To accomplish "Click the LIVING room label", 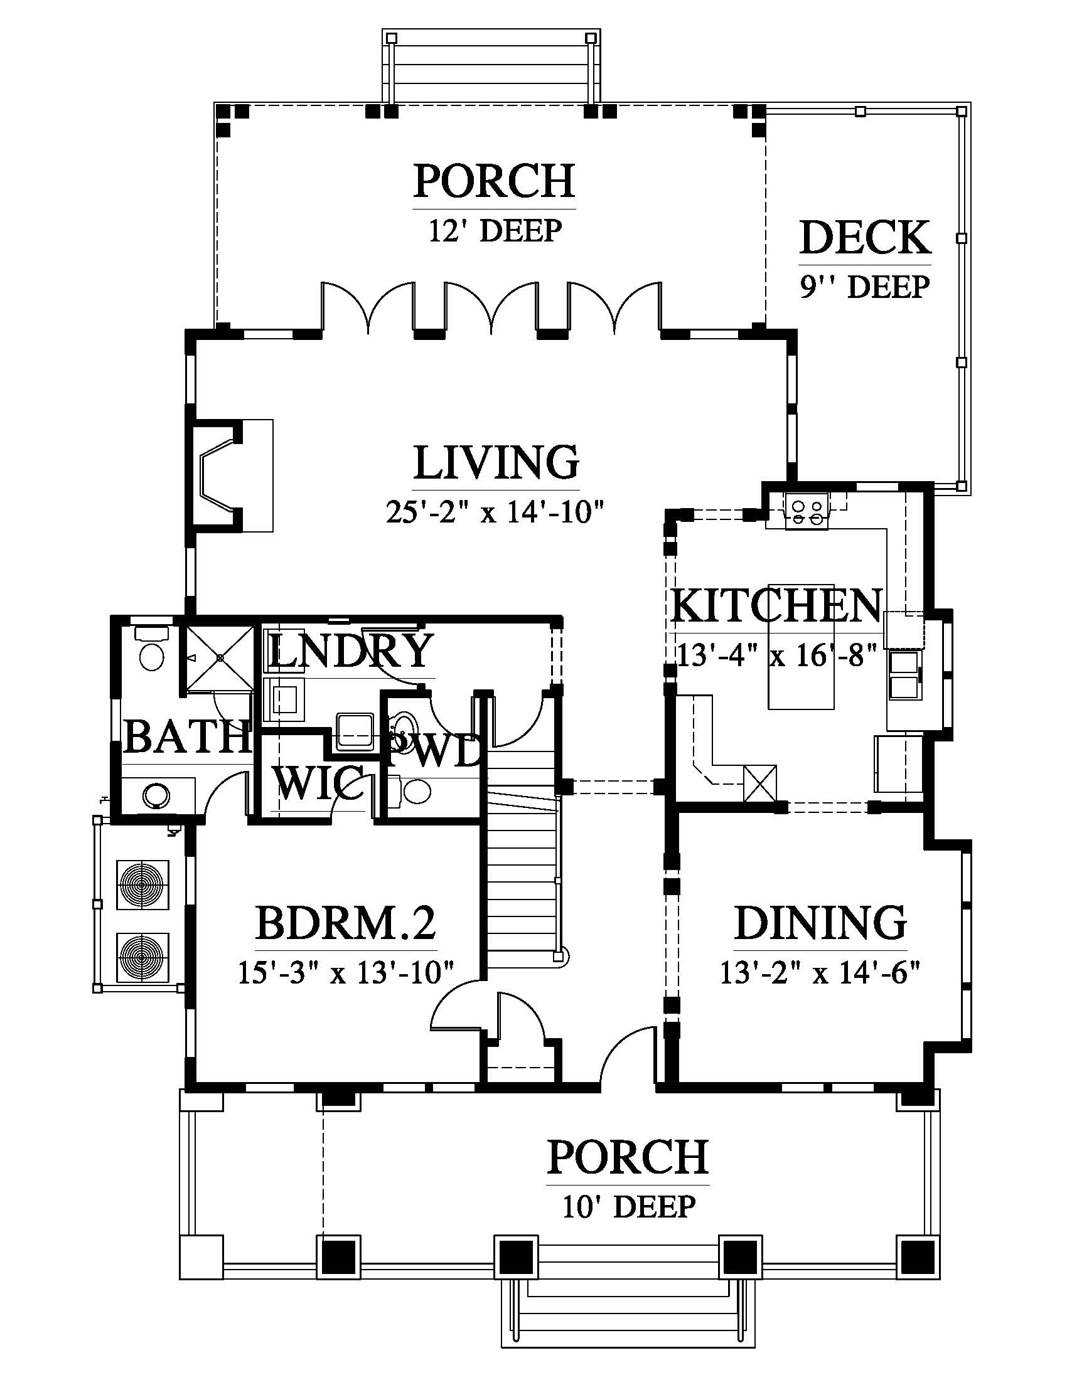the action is [496, 462].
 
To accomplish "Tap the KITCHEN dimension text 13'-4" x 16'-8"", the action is [777, 655].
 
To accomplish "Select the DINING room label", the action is [820, 923].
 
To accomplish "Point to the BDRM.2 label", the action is [346, 923].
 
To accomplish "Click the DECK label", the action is [865, 238].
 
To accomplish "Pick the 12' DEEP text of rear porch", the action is [495, 231].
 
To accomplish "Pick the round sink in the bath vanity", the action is [157, 795].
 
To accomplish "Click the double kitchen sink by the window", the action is [905, 676].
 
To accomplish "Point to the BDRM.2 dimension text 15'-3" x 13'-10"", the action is [346, 974].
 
